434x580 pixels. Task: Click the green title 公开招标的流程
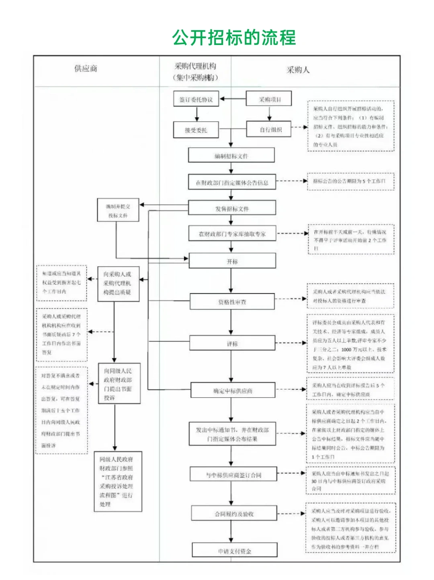click(234, 38)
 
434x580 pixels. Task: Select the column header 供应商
click(86, 68)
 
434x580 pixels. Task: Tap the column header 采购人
click(298, 70)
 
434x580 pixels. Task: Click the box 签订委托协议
click(196, 99)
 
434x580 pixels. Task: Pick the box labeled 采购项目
click(269, 99)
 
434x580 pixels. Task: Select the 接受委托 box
click(196, 130)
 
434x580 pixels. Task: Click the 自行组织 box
click(268, 129)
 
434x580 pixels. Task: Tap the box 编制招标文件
click(231, 156)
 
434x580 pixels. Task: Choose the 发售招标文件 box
click(232, 208)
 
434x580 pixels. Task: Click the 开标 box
click(232, 261)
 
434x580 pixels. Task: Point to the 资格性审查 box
click(232, 302)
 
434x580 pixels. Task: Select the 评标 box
click(232, 344)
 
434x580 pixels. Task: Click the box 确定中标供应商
click(233, 390)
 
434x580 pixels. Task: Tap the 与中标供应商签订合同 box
click(233, 475)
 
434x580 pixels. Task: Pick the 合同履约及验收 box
click(234, 514)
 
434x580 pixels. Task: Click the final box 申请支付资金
click(234, 551)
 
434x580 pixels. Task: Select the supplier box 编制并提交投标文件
click(118, 210)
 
